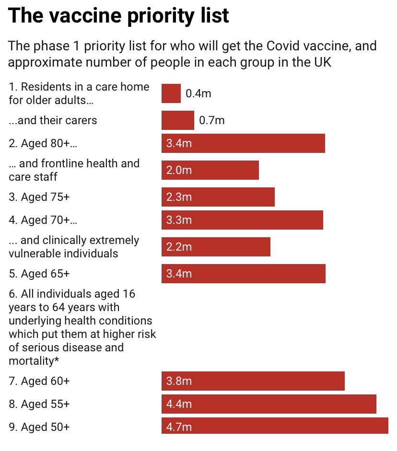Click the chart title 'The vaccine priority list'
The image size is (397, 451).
click(x=118, y=16)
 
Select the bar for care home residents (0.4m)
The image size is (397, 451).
click(x=171, y=93)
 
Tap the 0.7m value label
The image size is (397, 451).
click(x=211, y=120)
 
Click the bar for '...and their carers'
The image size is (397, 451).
click(x=177, y=120)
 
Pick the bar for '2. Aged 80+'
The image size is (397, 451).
click(x=243, y=143)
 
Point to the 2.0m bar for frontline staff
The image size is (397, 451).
click(x=210, y=170)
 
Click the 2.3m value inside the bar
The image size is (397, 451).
click(x=179, y=197)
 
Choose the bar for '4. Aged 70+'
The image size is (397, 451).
click(x=242, y=220)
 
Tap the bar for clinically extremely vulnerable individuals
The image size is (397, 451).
click(x=216, y=247)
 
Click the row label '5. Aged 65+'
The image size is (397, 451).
click(x=39, y=274)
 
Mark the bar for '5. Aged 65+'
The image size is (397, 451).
click(x=243, y=274)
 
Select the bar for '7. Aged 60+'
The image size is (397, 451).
click(x=253, y=381)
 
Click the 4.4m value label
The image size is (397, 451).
click(x=179, y=404)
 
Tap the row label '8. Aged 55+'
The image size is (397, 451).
click(x=39, y=404)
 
